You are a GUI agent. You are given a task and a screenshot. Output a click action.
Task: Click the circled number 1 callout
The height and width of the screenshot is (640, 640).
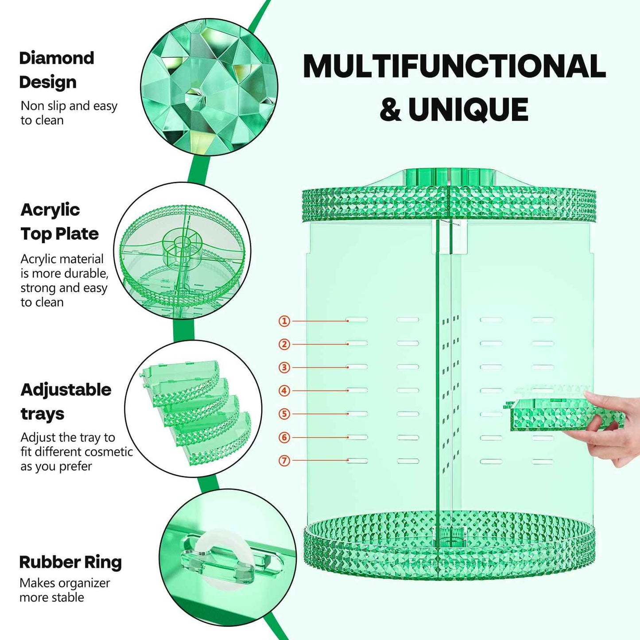click(284, 321)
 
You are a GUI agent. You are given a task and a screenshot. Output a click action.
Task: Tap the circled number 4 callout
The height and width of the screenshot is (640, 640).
click(284, 391)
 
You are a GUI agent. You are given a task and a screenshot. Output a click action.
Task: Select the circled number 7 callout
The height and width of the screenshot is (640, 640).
click(284, 461)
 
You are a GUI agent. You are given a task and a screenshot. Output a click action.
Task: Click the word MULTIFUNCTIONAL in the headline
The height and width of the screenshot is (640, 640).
click(454, 66)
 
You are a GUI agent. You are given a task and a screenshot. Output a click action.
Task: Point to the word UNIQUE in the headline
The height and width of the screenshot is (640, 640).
click(468, 109)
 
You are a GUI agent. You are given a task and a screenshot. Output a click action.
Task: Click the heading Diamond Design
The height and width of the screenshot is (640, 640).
click(56, 70)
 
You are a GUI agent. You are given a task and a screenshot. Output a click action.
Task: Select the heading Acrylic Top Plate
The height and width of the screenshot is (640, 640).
click(59, 221)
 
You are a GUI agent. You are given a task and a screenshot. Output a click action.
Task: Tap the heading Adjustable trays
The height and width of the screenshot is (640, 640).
click(66, 401)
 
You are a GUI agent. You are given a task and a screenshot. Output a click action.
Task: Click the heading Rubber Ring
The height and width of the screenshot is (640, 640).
click(70, 562)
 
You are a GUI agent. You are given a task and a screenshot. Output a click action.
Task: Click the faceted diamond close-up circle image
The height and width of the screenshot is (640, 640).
click(209, 87)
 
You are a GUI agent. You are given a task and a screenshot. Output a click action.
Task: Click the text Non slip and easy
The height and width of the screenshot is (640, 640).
click(69, 106)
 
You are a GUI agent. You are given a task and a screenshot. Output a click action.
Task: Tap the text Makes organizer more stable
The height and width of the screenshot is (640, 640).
click(65, 590)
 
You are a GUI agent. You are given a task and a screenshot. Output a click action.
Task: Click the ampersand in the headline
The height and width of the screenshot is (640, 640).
click(390, 109)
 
